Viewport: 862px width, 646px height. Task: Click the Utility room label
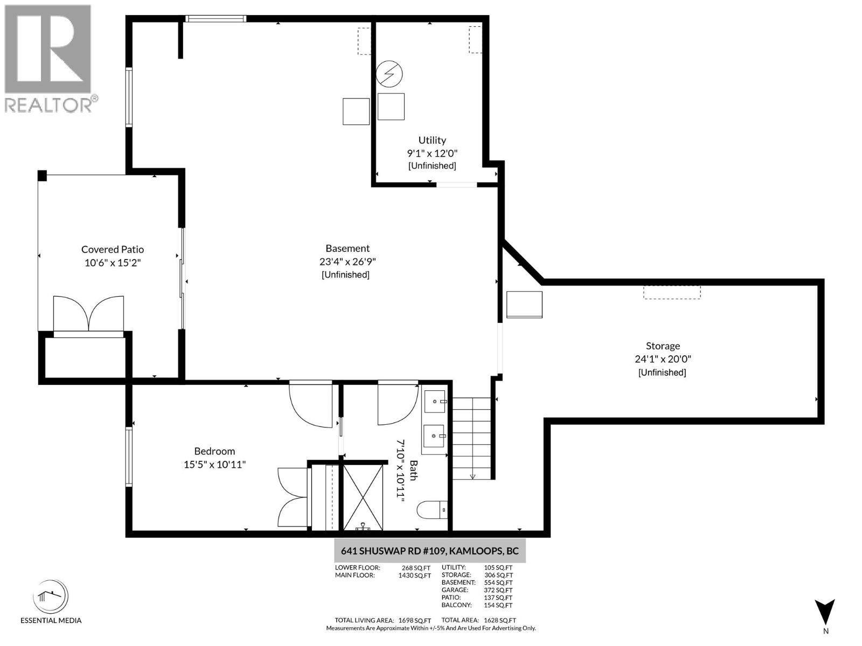pyautogui.click(x=432, y=141)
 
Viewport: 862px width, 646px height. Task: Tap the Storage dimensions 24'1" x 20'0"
pyautogui.click(x=662, y=359)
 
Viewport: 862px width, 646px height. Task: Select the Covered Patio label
pyautogui.click(x=113, y=249)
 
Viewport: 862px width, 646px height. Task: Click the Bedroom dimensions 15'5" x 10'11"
pyautogui.click(x=214, y=465)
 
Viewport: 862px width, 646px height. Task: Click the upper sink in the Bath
pyautogui.click(x=435, y=402)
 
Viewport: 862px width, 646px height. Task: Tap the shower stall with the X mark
pyautogui.click(x=363, y=496)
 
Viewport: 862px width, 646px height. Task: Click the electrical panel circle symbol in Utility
pyautogui.click(x=389, y=74)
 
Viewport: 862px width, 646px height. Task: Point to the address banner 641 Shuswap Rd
pyautogui.click(x=429, y=551)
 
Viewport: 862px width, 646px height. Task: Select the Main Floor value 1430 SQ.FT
pyautogui.click(x=414, y=575)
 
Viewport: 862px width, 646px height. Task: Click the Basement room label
pyautogui.click(x=347, y=249)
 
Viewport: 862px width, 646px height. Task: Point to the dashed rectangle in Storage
pyautogui.click(x=672, y=292)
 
